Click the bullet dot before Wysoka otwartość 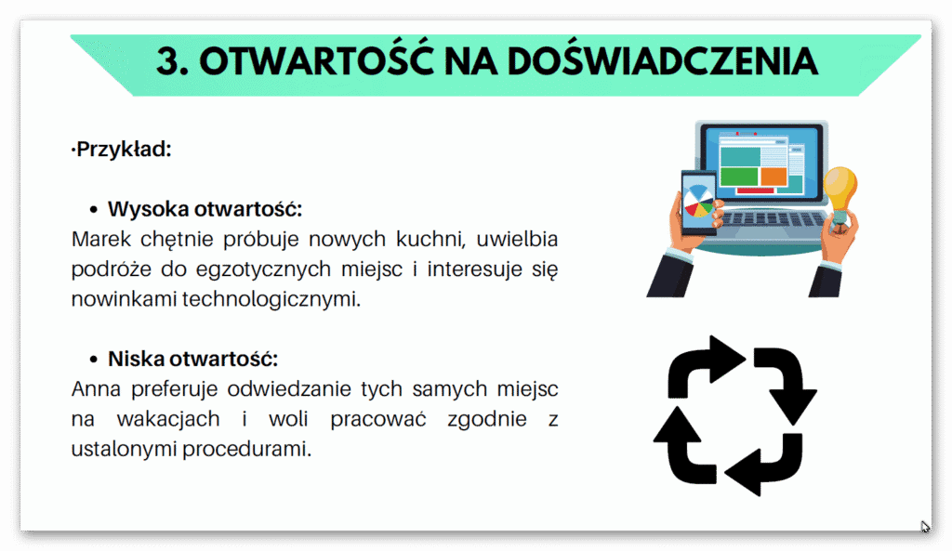[93, 208]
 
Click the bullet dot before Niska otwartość [93, 360]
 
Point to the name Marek [98, 239]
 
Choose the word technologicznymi [279, 299]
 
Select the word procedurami [256, 449]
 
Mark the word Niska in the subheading [136, 360]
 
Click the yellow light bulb [840, 190]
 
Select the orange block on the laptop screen [773, 175]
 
